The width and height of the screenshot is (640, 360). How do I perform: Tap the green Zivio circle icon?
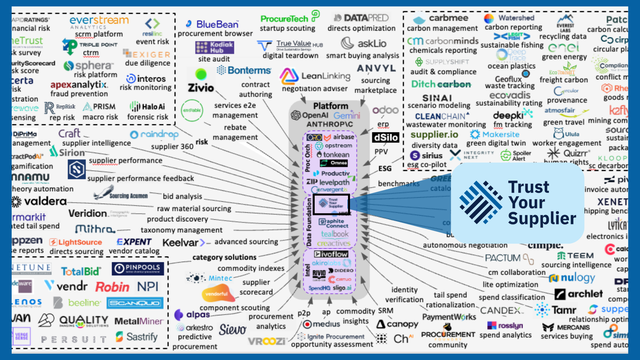pyautogui.click(x=201, y=74)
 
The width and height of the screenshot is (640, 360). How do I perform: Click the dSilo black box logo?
pyautogui.click(x=386, y=137)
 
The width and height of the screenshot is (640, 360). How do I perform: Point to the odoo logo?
pyautogui.click(x=385, y=110)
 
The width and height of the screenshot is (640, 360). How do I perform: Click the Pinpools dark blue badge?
pyautogui.click(x=138, y=268)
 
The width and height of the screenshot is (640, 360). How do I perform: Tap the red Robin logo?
pyautogui.click(x=112, y=287)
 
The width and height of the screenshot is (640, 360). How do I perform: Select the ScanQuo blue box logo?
pyautogui.click(x=135, y=303)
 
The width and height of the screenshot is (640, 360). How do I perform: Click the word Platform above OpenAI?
pyautogui.click(x=330, y=106)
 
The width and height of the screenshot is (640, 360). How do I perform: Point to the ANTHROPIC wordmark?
pyautogui.click(x=330, y=124)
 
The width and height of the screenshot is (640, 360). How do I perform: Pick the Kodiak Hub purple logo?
pyautogui.click(x=214, y=47)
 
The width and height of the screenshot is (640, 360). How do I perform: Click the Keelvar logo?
pyautogui.click(x=184, y=243)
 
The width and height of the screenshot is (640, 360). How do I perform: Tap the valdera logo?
pyautogui.click(x=40, y=201)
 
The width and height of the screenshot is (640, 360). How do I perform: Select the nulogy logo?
pyautogui.click(x=572, y=278)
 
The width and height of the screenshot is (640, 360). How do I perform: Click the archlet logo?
pyautogui.click(x=579, y=294)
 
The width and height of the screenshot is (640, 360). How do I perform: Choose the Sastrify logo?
pyautogui.click(x=137, y=337)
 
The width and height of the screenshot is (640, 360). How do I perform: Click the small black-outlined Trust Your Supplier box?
pyautogui.click(x=331, y=204)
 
